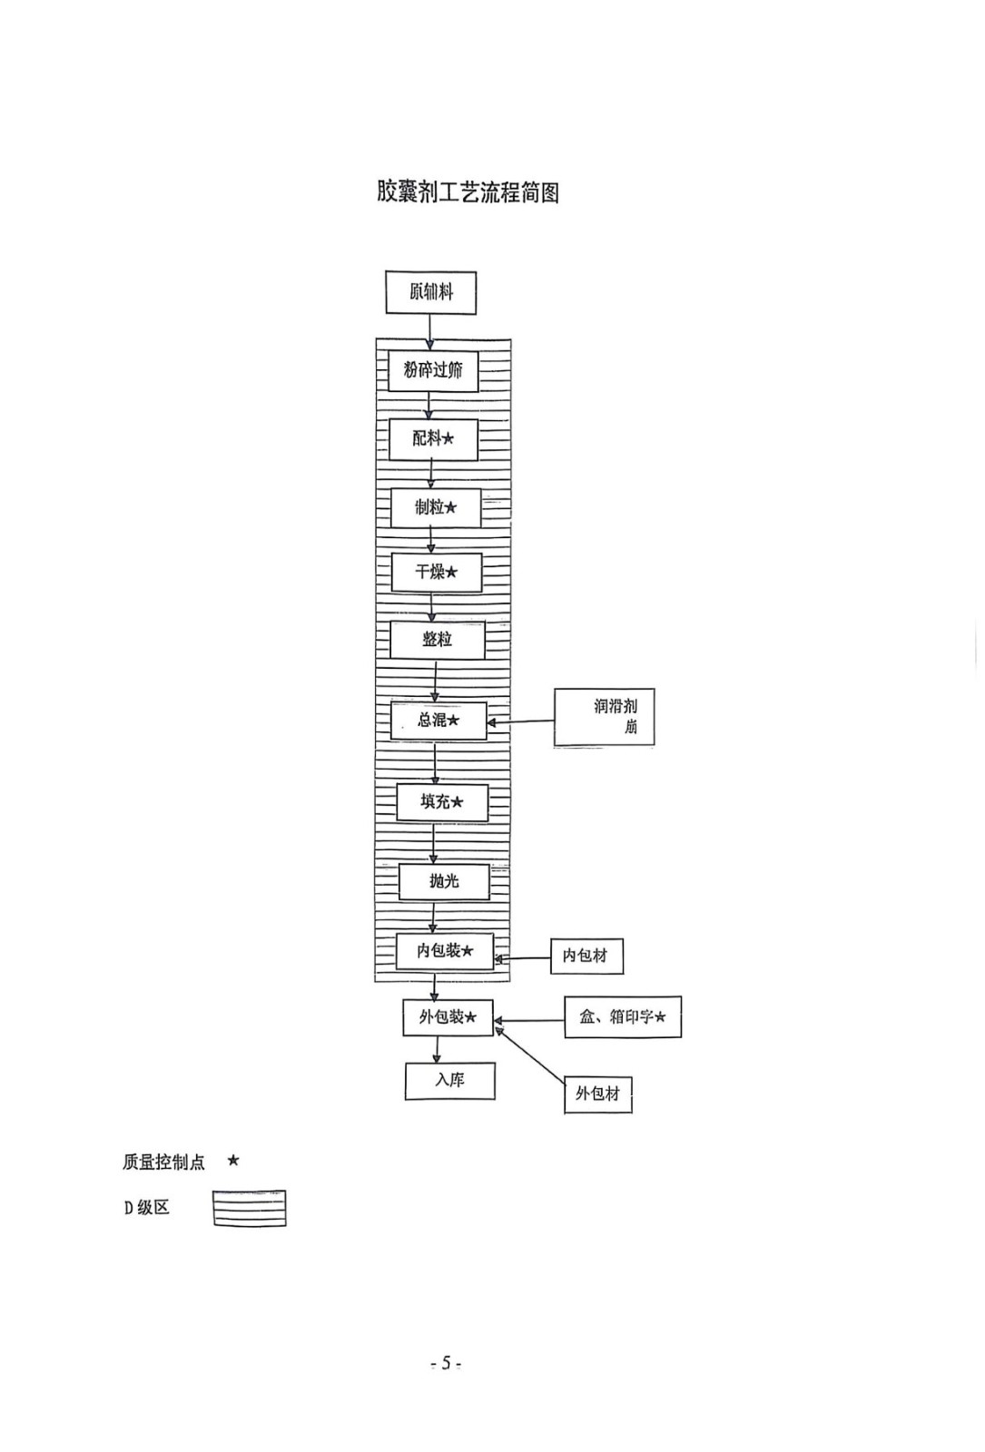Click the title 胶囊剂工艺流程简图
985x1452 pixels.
click(x=468, y=192)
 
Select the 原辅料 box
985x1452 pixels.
click(x=431, y=292)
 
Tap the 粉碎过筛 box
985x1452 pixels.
click(x=433, y=370)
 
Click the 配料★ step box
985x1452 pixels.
click(x=433, y=438)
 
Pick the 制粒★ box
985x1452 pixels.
click(x=436, y=507)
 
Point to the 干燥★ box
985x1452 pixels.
click(x=436, y=572)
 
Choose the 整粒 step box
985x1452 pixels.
click(x=437, y=640)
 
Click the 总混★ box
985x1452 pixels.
click(x=438, y=721)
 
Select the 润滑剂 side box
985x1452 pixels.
click(x=604, y=717)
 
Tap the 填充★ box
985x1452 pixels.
click(x=442, y=802)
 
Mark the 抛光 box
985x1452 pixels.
click(x=445, y=881)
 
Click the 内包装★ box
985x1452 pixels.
click(x=445, y=951)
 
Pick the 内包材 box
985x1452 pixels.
click(x=586, y=956)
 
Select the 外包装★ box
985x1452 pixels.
click(x=448, y=1017)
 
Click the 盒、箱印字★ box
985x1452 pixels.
click(x=623, y=1017)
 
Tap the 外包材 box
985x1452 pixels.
click(x=597, y=1094)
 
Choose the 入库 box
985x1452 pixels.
click(x=449, y=1081)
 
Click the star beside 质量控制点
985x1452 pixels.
click(x=233, y=1161)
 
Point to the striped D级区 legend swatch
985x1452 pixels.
click(x=250, y=1208)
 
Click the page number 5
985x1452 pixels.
click(x=446, y=1363)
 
